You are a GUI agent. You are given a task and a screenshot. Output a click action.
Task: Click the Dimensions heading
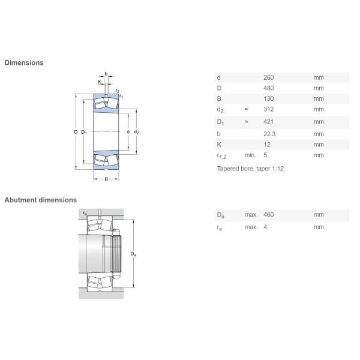point(24,62)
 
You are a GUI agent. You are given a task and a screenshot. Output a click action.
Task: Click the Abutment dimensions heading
point(40,200)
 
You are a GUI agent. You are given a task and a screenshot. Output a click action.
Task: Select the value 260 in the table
point(268,77)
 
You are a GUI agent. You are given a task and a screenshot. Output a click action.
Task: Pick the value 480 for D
point(268,88)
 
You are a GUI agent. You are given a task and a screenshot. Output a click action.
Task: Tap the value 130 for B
point(268,98)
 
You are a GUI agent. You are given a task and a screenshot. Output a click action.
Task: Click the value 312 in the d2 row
point(268,109)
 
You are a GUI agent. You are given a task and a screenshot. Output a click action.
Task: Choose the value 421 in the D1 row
point(268,122)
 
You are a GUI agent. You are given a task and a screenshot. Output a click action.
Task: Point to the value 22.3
point(269,134)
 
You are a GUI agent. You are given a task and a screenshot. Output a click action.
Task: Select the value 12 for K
point(267,145)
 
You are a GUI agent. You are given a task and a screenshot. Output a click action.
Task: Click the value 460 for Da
point(268,215)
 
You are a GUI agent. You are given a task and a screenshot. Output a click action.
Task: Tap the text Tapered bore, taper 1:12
point(250,169)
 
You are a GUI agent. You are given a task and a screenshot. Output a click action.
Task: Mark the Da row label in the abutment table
point(220,215)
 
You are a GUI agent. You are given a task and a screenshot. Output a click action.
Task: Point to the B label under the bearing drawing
point(106,179)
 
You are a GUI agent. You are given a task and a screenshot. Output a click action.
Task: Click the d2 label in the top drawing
point(137,132)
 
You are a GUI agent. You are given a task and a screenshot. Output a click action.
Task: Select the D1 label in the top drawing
point(85,132)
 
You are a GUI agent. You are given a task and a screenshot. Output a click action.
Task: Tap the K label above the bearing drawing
point(99,81)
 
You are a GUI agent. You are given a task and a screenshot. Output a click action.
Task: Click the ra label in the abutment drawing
point(85,213)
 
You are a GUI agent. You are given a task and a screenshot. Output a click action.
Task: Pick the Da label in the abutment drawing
point(133,254)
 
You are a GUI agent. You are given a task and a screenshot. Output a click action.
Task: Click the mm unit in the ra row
point(318,227)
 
